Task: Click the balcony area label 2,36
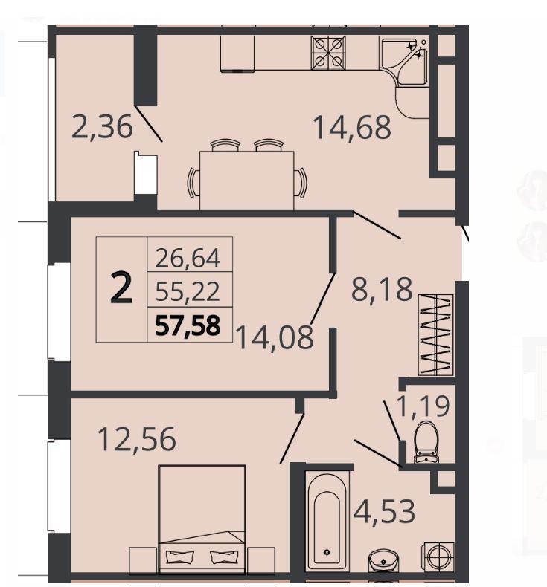coord(102,127)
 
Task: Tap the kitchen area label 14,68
coord(352,128)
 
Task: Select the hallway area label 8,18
coord(382,289)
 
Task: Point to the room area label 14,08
coord(275,337)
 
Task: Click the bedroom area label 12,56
coord(136,438)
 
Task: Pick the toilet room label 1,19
coord(423,406)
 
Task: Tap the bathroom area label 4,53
coord(384,511)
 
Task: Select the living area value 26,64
coord(188,258)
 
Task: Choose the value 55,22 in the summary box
coord(188,291)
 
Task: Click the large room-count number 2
coord(121,288)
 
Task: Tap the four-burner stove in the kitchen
coord(328,53)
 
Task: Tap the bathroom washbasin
coord(383,561)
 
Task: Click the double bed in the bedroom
coord(202,519)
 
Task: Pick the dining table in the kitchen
coord(246,180)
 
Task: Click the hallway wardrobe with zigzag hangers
coord(435,334)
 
